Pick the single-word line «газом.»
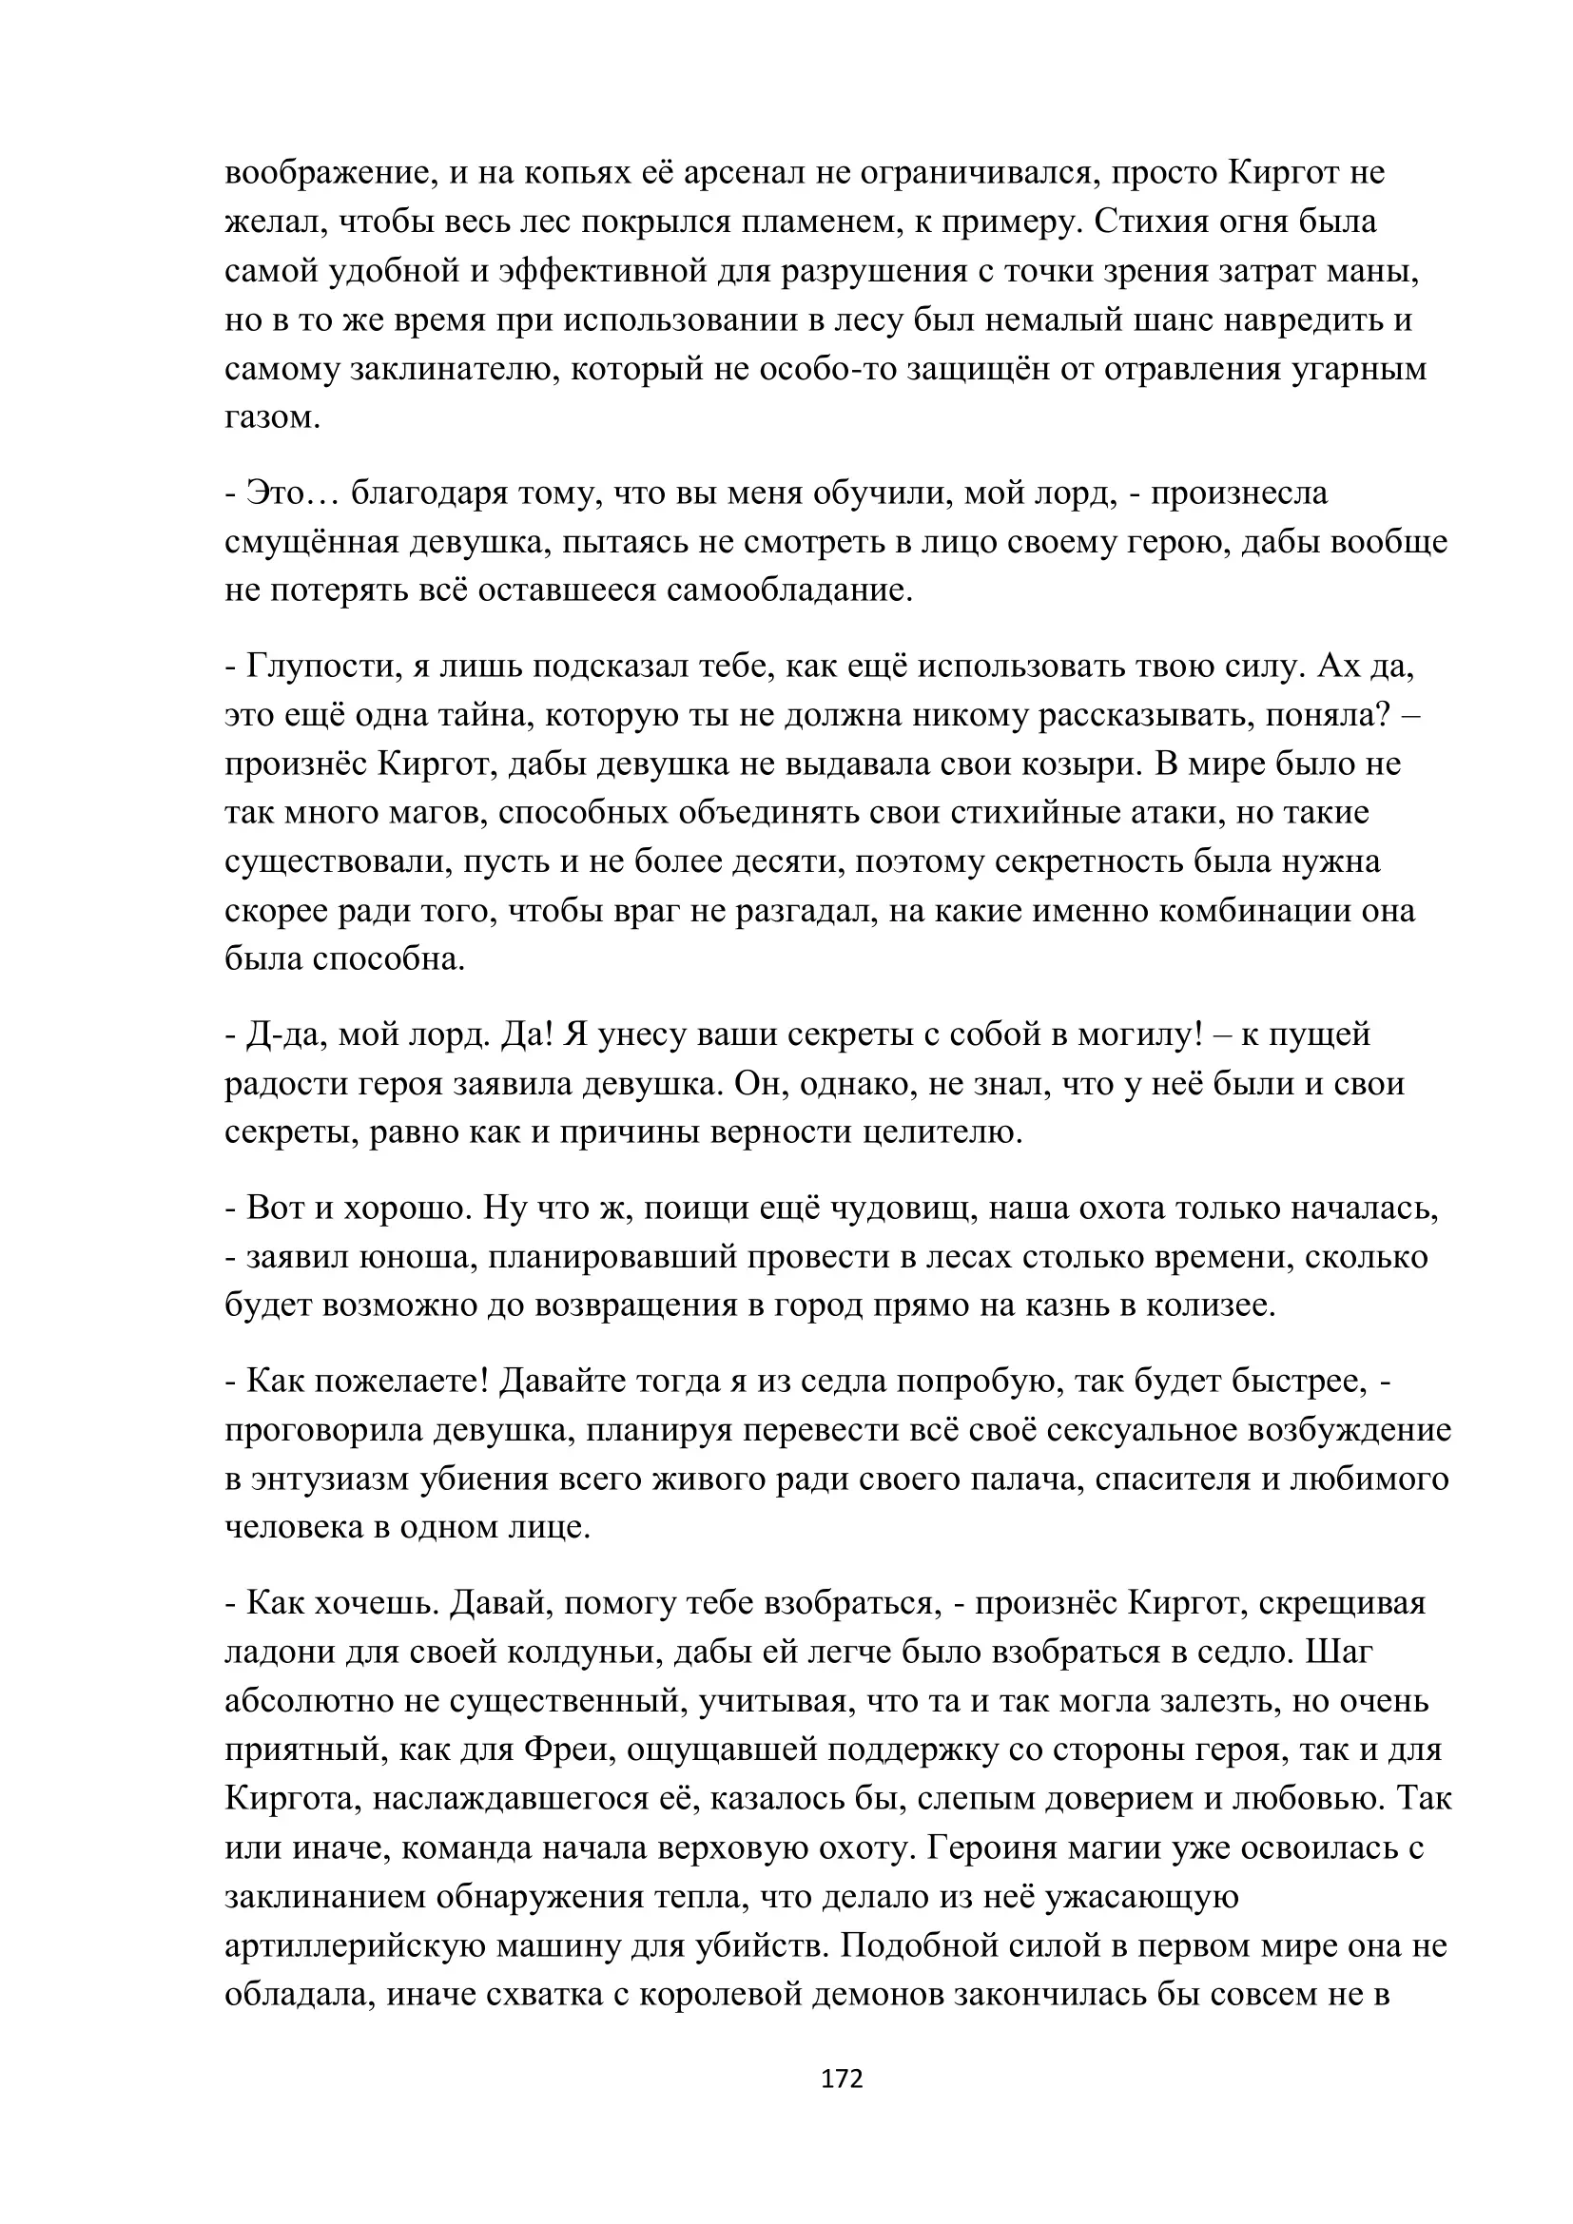click(x=272, y=417)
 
